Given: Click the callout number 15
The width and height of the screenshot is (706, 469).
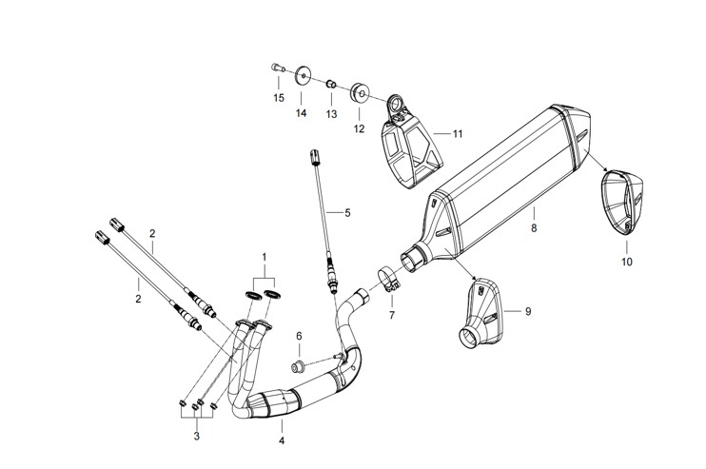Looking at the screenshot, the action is [x=279, y=98].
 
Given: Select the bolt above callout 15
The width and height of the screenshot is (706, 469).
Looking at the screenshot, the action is [x=278, y=68].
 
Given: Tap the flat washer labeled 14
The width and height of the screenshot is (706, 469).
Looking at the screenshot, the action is [x=303, y=75].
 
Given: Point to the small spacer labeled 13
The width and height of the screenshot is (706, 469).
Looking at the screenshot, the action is [x=331, y=84].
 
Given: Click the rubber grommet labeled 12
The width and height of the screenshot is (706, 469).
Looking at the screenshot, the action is [x=360, y=92].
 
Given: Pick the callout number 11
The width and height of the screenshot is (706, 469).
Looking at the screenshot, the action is [x=458, y=134].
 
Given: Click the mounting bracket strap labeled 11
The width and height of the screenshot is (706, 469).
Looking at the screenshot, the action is [x=412, y=144].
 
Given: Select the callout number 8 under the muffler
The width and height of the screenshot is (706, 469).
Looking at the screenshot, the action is [x=534, y=228].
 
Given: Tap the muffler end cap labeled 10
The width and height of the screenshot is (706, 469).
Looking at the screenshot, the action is [x=622, y=202].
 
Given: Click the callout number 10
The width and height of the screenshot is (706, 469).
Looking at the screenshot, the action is [x=627, y=262].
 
